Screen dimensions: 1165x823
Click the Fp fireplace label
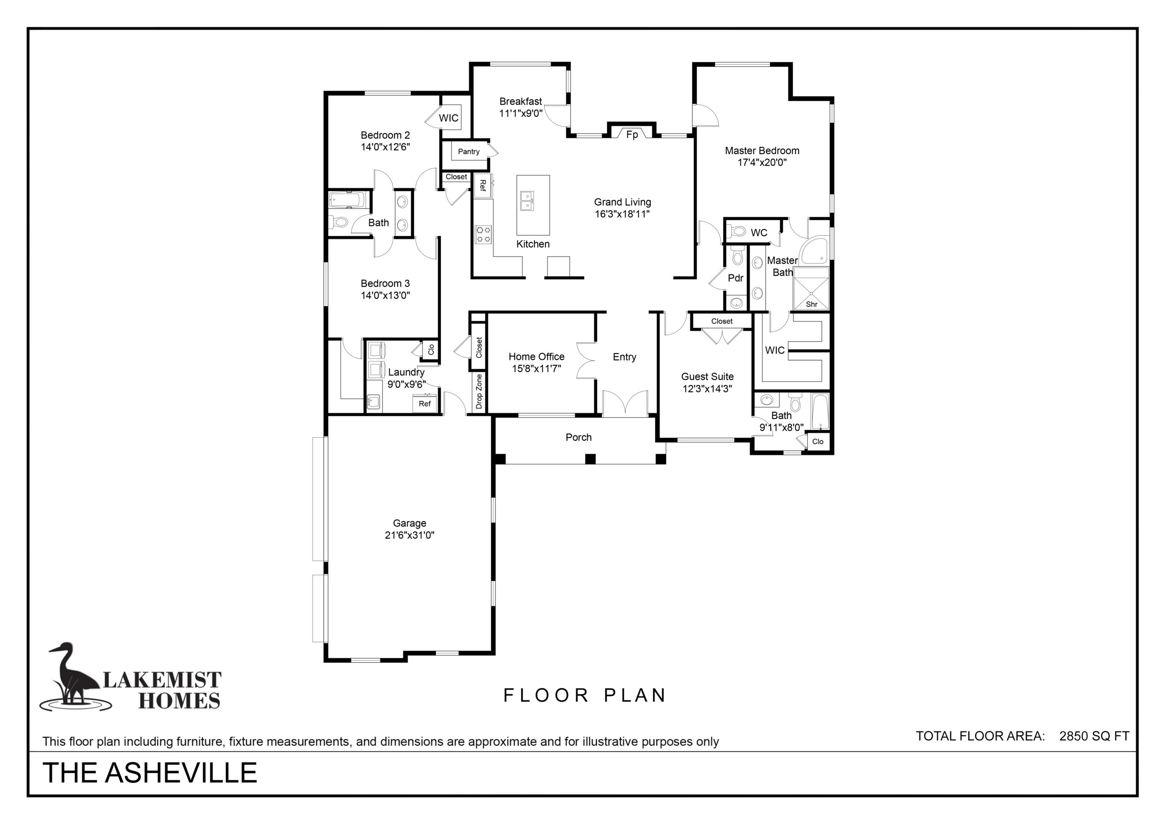point(632,135)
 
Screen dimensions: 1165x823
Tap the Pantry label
point(468,151)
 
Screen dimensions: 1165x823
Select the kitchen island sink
point(527,201)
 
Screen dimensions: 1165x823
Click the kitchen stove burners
point(483,234)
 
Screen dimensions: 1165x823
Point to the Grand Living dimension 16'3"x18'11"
point(622,214)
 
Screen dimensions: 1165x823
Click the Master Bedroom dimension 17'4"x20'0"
point(762,162)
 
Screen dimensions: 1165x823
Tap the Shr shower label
point(811,304)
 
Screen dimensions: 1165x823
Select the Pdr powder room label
point(735,278)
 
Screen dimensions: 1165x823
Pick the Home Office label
point(537,357)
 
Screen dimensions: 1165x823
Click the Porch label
point(578,437)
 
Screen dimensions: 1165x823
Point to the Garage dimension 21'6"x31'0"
point(410,535)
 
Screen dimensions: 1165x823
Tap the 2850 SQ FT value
point(1094,736)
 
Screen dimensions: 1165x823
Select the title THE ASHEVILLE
point(150,772)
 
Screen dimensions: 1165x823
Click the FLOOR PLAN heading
point(584,695)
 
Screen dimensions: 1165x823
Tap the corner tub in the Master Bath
point(815,251)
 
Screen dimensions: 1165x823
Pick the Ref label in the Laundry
point(425,404)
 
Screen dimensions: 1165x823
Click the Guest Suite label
point(707,377)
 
